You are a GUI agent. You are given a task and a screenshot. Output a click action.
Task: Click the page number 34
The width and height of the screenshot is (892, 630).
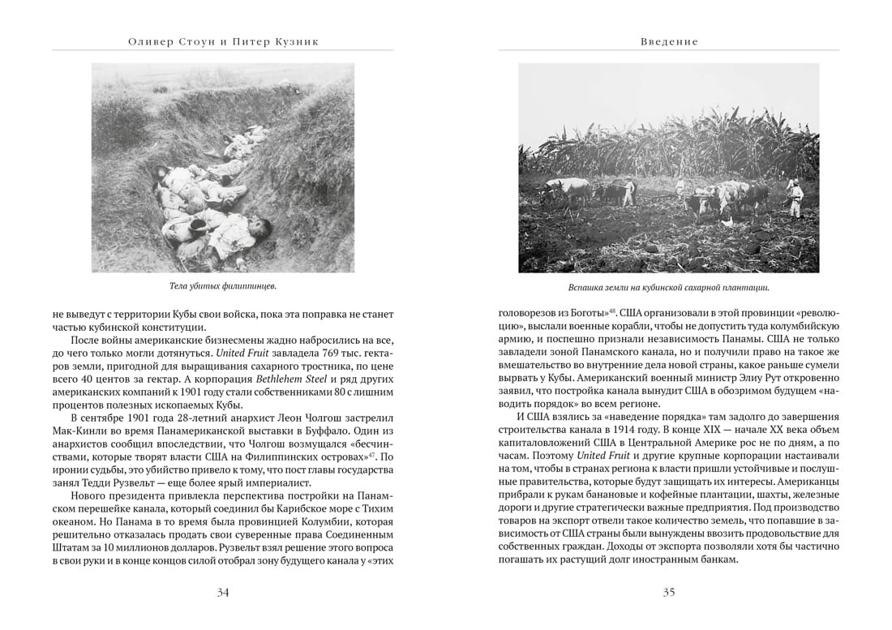click(223, 592)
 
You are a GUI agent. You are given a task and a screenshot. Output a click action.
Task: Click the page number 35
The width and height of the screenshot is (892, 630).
click(669, 592)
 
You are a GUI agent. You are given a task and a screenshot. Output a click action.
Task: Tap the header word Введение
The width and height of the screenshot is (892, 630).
click(669, 41)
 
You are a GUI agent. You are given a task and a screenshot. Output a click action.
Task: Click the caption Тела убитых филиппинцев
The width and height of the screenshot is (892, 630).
click(222, 286)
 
